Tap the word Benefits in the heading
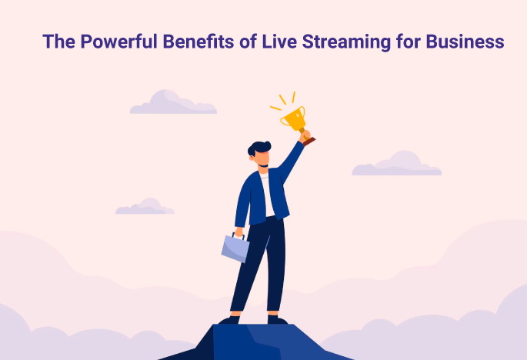(x=198, y=42)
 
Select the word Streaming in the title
(x=346, y=42)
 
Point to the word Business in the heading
(x=465, y=42)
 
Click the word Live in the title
(x=279, y=42)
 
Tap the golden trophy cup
(x=294, y=118)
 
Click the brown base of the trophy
(x=309, y=142)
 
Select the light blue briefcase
(x=235, y=248)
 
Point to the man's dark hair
(x=258, y=148)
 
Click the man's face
(x=262, y=158)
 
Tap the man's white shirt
(x=268, y=195)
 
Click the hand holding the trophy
(x=305, y=135)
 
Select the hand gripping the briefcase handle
(x=238, y=232)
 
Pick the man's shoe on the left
(x=229, y=320)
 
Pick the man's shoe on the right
(x=278, y=320)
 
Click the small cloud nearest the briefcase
(x=145, y=207)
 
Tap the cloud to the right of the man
(x=396, y=165)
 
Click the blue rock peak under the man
(x=256, y=342)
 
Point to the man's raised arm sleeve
(x=290, y=162)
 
